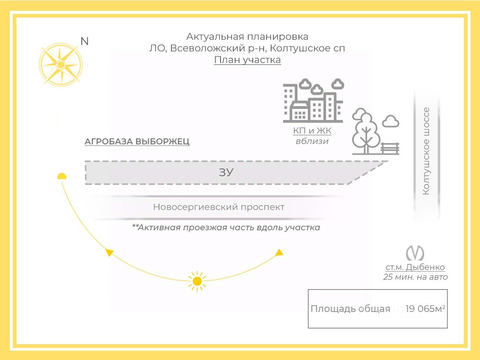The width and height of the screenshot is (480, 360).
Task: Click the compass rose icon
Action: tap(60, 65)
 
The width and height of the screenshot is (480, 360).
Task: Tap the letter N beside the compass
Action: tap(85, 41)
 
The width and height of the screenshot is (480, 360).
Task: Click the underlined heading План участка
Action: tap(247, 60)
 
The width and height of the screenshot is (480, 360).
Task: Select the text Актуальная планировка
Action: tap(247, 37)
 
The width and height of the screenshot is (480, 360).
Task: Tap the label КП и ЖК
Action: tap(312, 130)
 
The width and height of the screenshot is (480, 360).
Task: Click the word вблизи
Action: tap(312, 141)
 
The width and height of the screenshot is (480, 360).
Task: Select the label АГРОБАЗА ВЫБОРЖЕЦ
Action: tap(137, 142)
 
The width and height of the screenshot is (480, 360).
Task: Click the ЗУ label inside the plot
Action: tap(226, 172)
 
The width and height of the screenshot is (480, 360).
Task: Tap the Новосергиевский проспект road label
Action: tap(219, 207)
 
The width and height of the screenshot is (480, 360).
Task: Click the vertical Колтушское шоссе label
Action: tap(426, 151)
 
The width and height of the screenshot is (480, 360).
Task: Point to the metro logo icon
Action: tap(415, 253)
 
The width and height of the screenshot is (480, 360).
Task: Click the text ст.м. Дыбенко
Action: tap(415, 267)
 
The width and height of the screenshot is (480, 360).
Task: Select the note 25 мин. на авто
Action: tap(415, 277)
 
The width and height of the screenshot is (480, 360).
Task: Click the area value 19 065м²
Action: tap(425, 309)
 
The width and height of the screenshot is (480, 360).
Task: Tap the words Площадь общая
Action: tap(350, 309)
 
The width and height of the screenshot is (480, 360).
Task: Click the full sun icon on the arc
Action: tap(197, 281)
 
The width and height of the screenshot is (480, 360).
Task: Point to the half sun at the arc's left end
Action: tap(62, 177)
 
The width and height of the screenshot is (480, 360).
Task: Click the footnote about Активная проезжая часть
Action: tap(226, 228)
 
